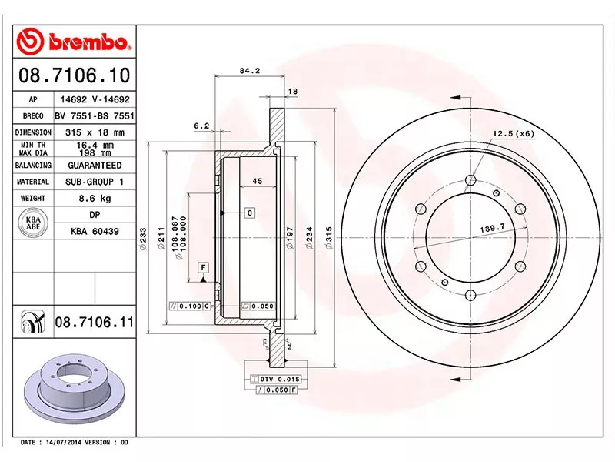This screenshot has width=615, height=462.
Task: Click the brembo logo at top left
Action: tap(75, 38)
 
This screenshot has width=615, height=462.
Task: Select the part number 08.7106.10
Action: tap(73, 76)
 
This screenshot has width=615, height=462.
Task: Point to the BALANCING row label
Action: tap(33, 166)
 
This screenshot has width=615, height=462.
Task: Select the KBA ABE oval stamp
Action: tap(33, 223)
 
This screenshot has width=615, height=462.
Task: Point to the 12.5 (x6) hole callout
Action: tap(514, 133)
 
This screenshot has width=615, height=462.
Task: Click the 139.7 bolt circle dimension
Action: tap(491, 228)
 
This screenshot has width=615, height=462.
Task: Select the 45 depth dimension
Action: tap(258, 182)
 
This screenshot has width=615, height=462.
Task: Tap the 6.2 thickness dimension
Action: tap(201, 126)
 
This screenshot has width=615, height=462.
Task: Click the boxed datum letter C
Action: tap(250, 212)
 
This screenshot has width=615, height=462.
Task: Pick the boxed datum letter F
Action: tap(204, 267)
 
